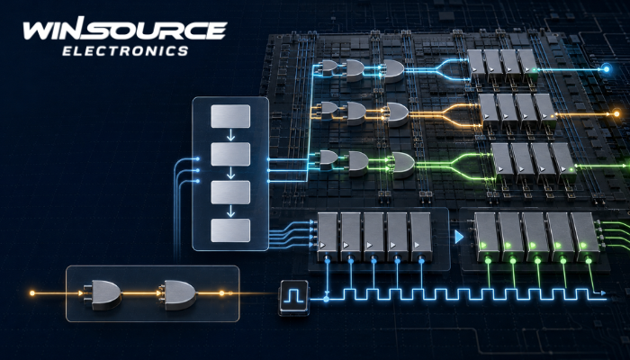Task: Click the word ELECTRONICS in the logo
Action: [x=125, y=50]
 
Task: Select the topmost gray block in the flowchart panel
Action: [x=230, y=116]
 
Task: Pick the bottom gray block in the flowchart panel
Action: [x=230, y=230]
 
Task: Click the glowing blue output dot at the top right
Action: [x=607, y=69]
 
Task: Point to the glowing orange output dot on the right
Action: [x=616, y=114]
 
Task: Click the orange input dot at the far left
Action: [x=32, y=293]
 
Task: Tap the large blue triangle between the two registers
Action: [x=459, y=237]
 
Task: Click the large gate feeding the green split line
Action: [x=403, y=165]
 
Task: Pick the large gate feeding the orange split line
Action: [x=397, y=115]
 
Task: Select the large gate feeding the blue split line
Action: [x=393, y=71]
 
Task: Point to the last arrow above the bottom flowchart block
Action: [x=230, y=211]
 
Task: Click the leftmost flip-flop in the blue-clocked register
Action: [x=328, y=237]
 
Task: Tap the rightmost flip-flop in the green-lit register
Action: [x=586, y=237]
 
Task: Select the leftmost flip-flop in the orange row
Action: [x=489, y=111]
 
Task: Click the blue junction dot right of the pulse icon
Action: [x=326, y=299]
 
